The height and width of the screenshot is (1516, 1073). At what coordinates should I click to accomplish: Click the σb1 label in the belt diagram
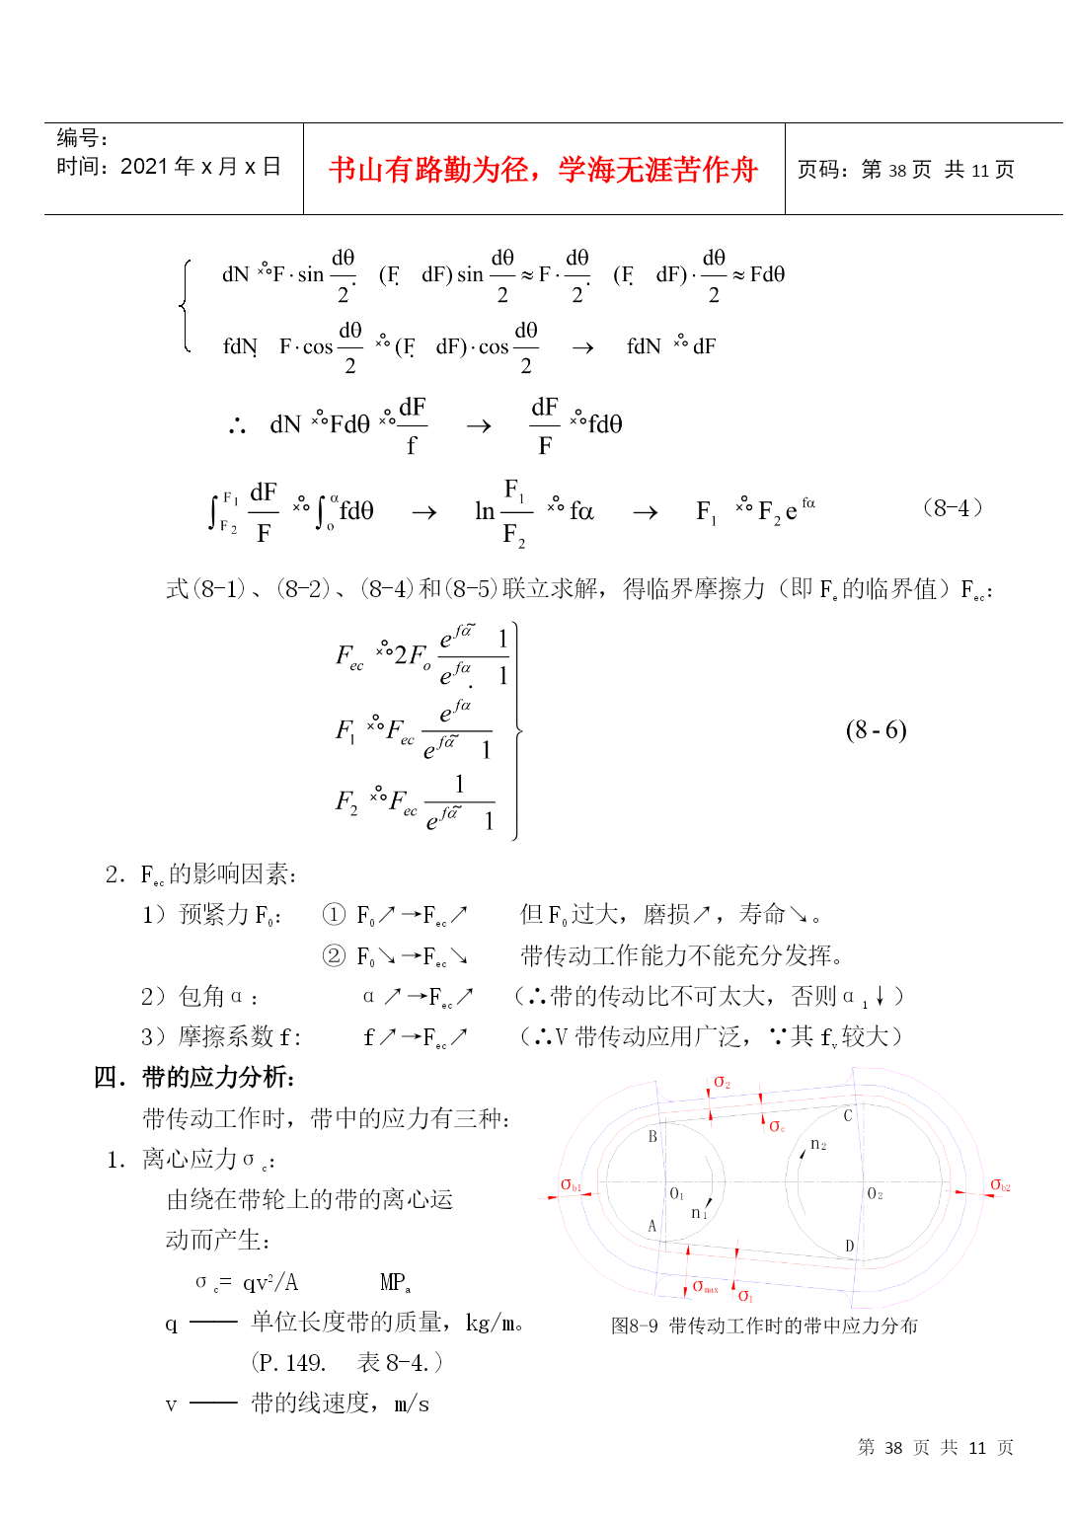(x=571, y=1184)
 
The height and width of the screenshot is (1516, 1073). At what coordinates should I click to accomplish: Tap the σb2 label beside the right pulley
(x=1000, y=1184)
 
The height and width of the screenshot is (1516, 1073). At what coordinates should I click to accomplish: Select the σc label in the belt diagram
(x=777, y=1125)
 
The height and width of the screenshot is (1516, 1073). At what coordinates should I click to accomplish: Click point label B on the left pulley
(x=652, y=1137)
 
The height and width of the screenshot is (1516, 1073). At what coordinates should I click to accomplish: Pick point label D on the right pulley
(x=849, y=1247)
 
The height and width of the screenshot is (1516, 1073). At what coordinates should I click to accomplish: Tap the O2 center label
(x=875, y=1194)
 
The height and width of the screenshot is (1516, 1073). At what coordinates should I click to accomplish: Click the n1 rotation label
(x=698, y=1213)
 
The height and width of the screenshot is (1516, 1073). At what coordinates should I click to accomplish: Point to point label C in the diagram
(x=847, y=1115)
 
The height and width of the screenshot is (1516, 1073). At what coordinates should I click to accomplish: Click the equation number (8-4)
(x=952, y=507)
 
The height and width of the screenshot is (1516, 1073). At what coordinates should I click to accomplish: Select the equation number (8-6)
(x=876, y=729)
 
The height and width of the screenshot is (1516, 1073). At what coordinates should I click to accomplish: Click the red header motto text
(x=543, y=170)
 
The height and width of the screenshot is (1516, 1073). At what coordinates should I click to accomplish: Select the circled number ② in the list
(x=334, y=955)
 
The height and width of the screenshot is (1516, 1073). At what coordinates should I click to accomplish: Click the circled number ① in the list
(x=334, y=915)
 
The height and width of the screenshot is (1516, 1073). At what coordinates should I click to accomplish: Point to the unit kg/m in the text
(x=493, y=1323)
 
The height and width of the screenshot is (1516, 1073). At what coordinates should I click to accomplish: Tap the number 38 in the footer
(x=893, y=1448)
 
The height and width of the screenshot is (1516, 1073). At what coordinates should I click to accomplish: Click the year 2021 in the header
(x=144, y=167)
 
